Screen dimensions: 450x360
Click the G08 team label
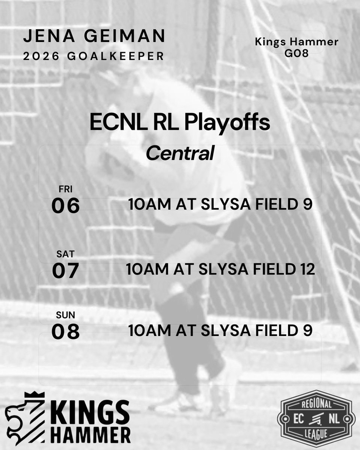pos(297,54)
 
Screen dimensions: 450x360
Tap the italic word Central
pos(180,153)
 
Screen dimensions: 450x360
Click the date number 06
pos(66,205)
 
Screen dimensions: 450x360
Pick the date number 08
pos(66,331)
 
